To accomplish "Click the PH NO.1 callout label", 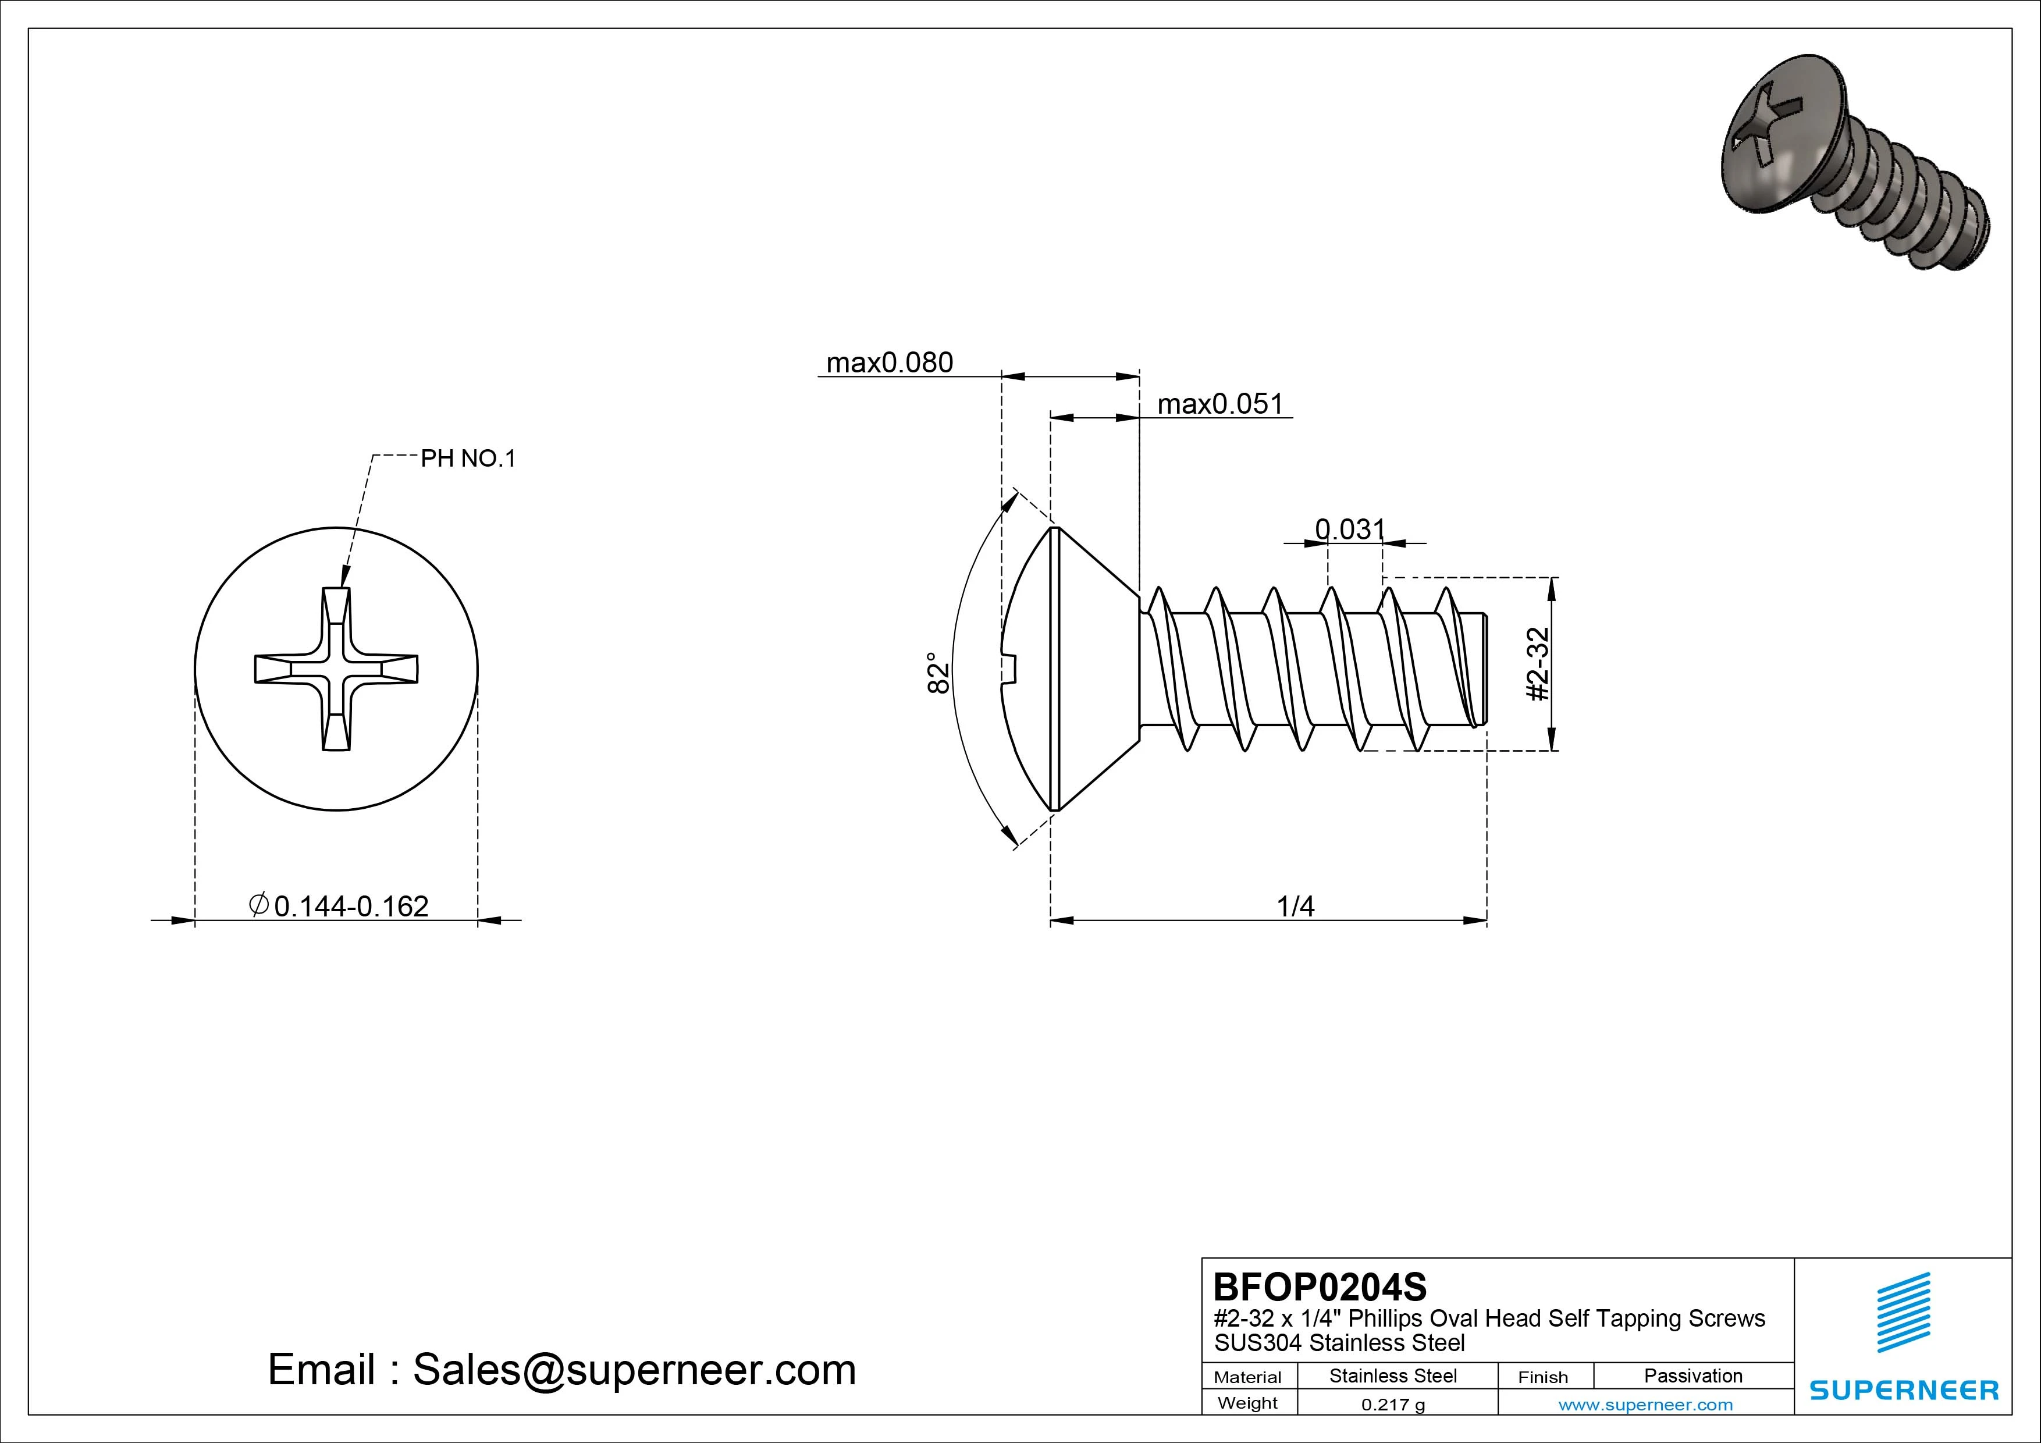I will (468, 459).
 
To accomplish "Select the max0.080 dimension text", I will (889, 362).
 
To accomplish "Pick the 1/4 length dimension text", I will (1295, 906).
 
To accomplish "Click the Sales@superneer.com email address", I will (634, 1369).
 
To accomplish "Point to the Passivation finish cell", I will (1692, 1376).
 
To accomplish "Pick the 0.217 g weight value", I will (1393, 1405).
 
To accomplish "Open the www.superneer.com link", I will (1645, 1405).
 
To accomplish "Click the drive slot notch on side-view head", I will (1010, 669).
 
